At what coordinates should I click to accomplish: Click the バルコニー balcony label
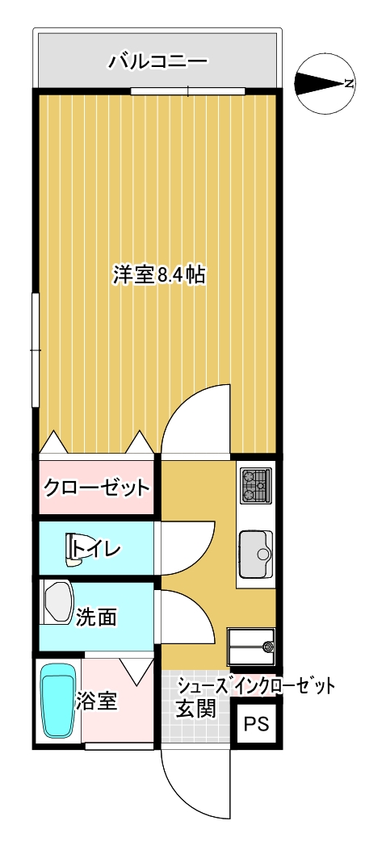pyautogui.click(x=158, y=61)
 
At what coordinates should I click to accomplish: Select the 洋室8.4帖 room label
pyautogui.click(x=158, y=275)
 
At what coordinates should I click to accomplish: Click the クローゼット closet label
pyautogui.click(x=96, y=488)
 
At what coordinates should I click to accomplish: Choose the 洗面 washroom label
pyautogui.click(x=96, y=618)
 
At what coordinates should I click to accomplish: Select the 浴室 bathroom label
pyautogui.click(x=97, y=701)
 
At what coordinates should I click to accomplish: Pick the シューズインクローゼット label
pyautogui.click(x=255, y=687)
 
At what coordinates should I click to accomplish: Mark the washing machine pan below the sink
pyautogui.click(x=252, y=646)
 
